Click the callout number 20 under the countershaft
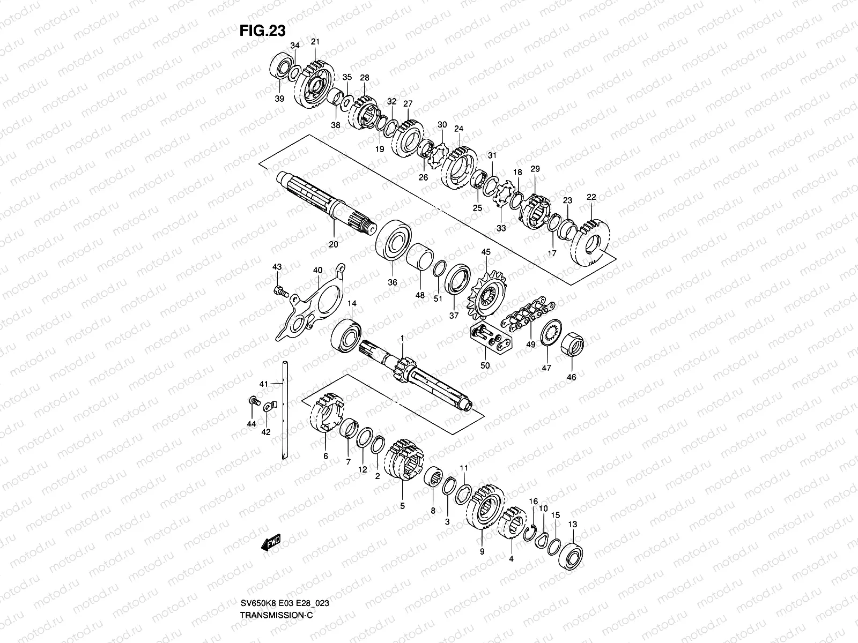pos(332,244)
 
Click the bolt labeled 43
pos(279,291)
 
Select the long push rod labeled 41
pos(283,410)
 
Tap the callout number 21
pos(315,42)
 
